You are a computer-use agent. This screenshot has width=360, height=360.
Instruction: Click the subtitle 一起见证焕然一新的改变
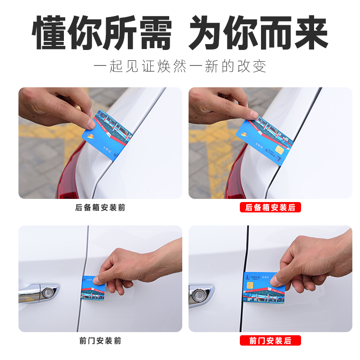(x=180, y=67)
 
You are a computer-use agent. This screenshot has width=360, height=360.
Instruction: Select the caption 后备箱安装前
(x=100, y=208)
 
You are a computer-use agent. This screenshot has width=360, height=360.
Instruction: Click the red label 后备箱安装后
(x=270, y=208)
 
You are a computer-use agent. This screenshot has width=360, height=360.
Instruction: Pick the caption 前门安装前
(x=100, y=341)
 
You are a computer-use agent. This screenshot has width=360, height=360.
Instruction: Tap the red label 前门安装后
(x=270, y=341)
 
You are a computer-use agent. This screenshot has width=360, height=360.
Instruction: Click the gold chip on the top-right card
(x=279, y=150)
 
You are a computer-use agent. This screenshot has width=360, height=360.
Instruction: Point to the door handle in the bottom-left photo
(x=38, y=292)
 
